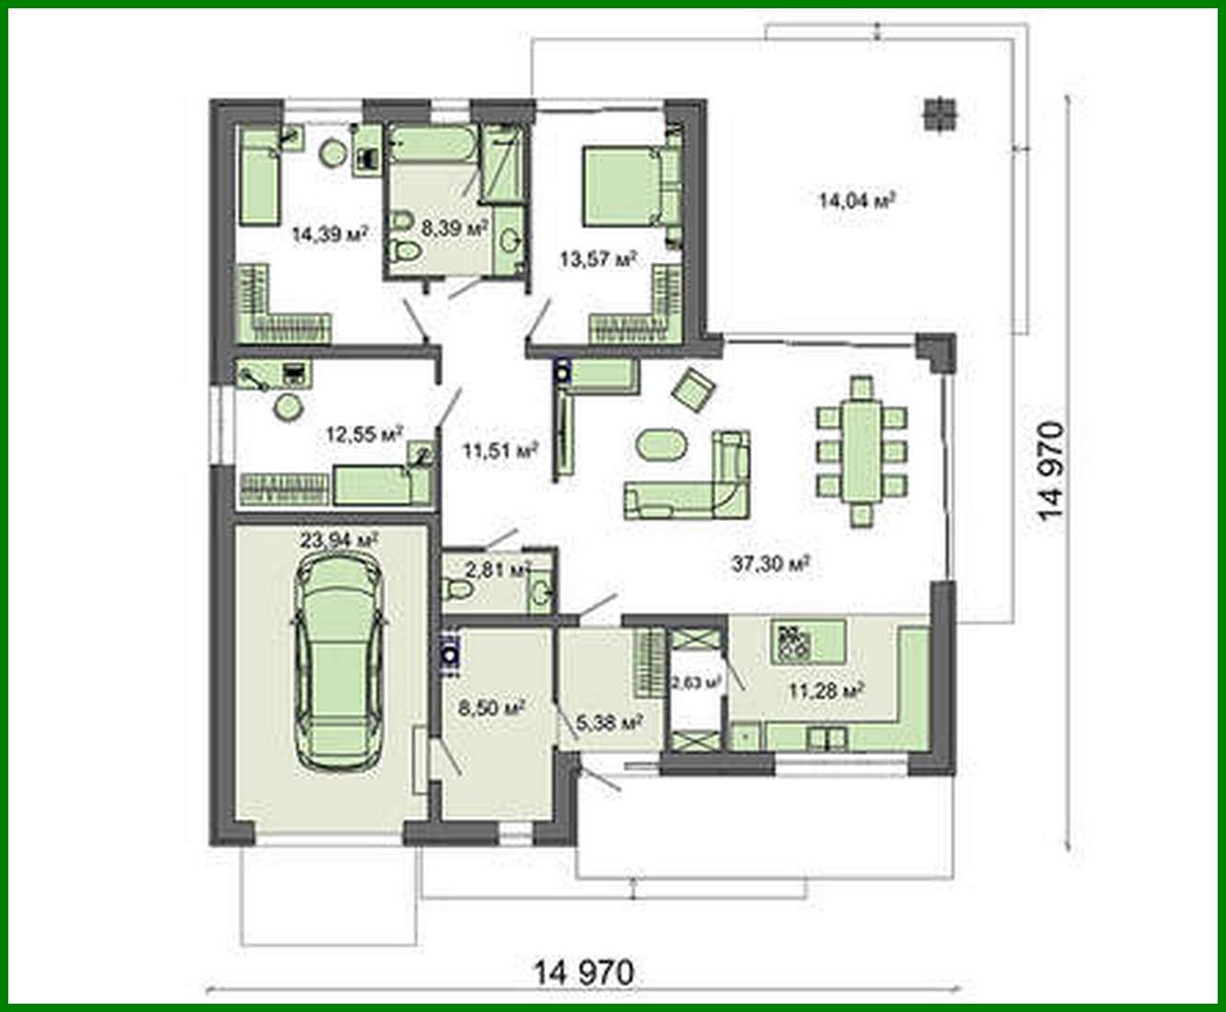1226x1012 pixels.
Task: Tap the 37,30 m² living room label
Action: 770,563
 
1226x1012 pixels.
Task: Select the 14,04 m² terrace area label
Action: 857,200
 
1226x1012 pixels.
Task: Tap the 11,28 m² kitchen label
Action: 825,689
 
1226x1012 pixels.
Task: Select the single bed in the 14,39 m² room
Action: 260,182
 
